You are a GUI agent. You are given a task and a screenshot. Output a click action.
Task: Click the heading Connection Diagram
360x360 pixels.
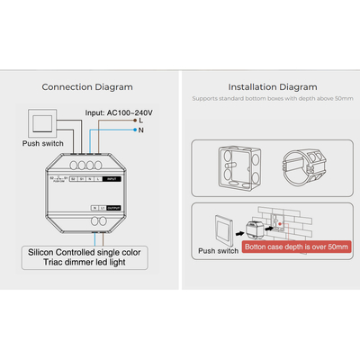click(87, 87)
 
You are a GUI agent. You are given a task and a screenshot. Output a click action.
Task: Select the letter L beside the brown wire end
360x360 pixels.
click(140, 119)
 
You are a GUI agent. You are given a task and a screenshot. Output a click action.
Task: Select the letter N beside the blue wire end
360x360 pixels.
click(140, 131)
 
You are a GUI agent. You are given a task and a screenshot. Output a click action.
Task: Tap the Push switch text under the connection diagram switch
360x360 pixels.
click(42, 143)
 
